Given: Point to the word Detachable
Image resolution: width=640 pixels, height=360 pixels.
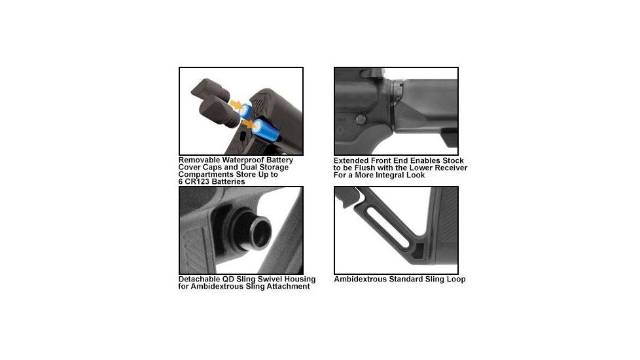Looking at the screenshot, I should pos(202,279).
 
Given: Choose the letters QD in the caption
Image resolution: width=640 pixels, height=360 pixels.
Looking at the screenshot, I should pos(235,279).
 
